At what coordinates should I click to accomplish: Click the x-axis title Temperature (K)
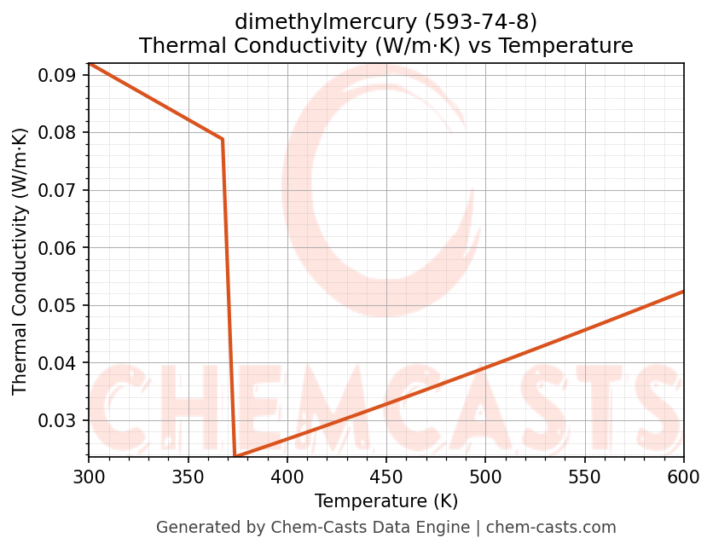coord(385,500)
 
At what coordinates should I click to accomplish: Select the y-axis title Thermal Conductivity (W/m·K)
coord(20,260)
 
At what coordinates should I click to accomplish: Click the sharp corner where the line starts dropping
coord(223,139)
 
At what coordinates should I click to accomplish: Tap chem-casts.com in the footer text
coord(551,528)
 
